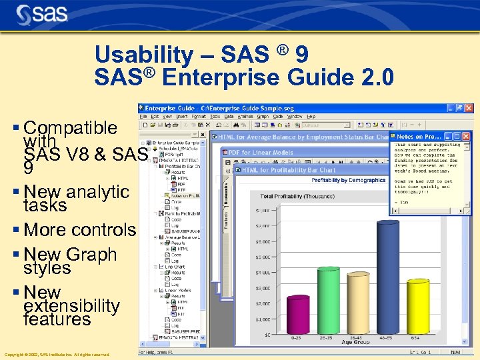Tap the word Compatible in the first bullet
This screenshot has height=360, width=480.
coord(70,127)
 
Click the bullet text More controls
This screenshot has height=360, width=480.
coord(79,230)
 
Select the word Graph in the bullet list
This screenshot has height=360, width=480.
coord(91,255)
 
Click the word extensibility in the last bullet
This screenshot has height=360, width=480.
coord(71,306)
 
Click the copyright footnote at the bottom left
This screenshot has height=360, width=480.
coord(57,355)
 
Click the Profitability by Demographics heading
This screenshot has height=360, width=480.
coord(348,180)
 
